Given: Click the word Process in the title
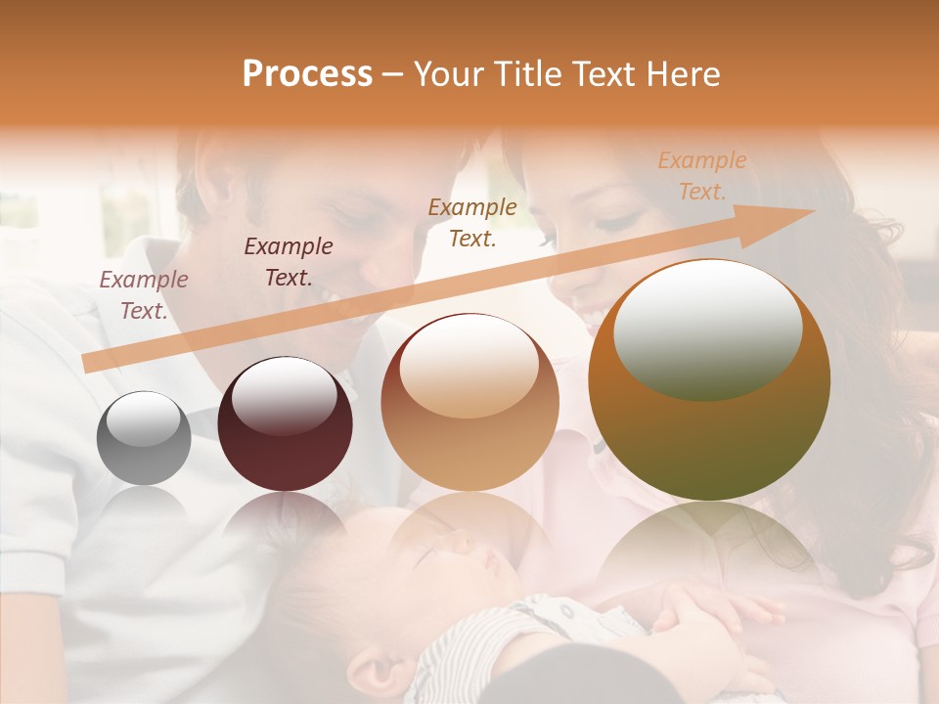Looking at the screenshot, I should coord(307,74).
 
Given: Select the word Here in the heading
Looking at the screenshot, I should coord(683,74).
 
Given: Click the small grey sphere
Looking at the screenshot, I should coord(144,438).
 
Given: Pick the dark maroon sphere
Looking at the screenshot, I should coord(285,424).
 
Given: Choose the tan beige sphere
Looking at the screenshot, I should coord(469,403).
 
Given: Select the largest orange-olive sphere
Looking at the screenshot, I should coord(709,379).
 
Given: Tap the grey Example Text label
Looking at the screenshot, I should coord(144,295).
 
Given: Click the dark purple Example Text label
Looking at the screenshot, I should coord(289,262).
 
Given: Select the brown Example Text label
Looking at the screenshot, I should coord(472,222).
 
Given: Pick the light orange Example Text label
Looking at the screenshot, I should coord(702,176).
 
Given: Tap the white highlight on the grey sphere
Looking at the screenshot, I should coord(143,418).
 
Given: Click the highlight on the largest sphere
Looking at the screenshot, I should coord(706,329).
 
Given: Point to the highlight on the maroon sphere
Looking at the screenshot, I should coord(284,395).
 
